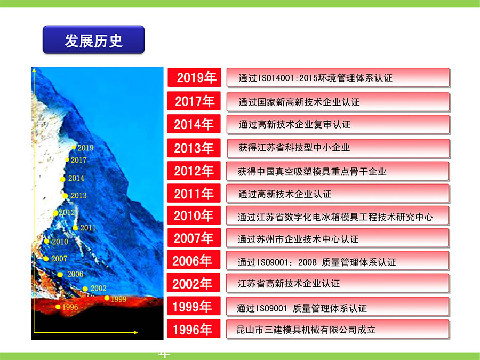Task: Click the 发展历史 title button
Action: click(x=94, y=40)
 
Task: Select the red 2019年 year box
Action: click(x=194, y=77)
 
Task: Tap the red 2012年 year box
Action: click(x=194, y=171)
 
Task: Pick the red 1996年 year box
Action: click(x=194, y=329)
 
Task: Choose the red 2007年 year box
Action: click(x=194, y=238)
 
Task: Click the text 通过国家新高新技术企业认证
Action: click(x=299, y=102)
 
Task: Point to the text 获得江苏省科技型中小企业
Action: click(x=294, y=148)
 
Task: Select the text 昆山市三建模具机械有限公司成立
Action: click(x=306, y=330)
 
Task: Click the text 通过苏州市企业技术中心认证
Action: click(x=298, y=239)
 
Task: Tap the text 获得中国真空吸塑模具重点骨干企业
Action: click(x=312, y=171)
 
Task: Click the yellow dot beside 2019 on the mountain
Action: click(x=74, y=148)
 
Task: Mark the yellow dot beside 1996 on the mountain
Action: click(x=58, y=307)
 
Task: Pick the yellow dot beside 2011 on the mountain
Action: click(x=75, y=228)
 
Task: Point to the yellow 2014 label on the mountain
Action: click(x=76, y=178)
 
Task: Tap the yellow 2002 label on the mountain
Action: click(x=99, y=288)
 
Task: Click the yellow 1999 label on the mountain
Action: click(x=118, y=299)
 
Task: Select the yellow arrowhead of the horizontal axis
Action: click(x=136, y=332)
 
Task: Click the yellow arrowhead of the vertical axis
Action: click(x=34, y=70)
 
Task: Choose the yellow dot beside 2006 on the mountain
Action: click(x=60, y=275)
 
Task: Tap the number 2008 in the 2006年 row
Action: click(x=307, y=262)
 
